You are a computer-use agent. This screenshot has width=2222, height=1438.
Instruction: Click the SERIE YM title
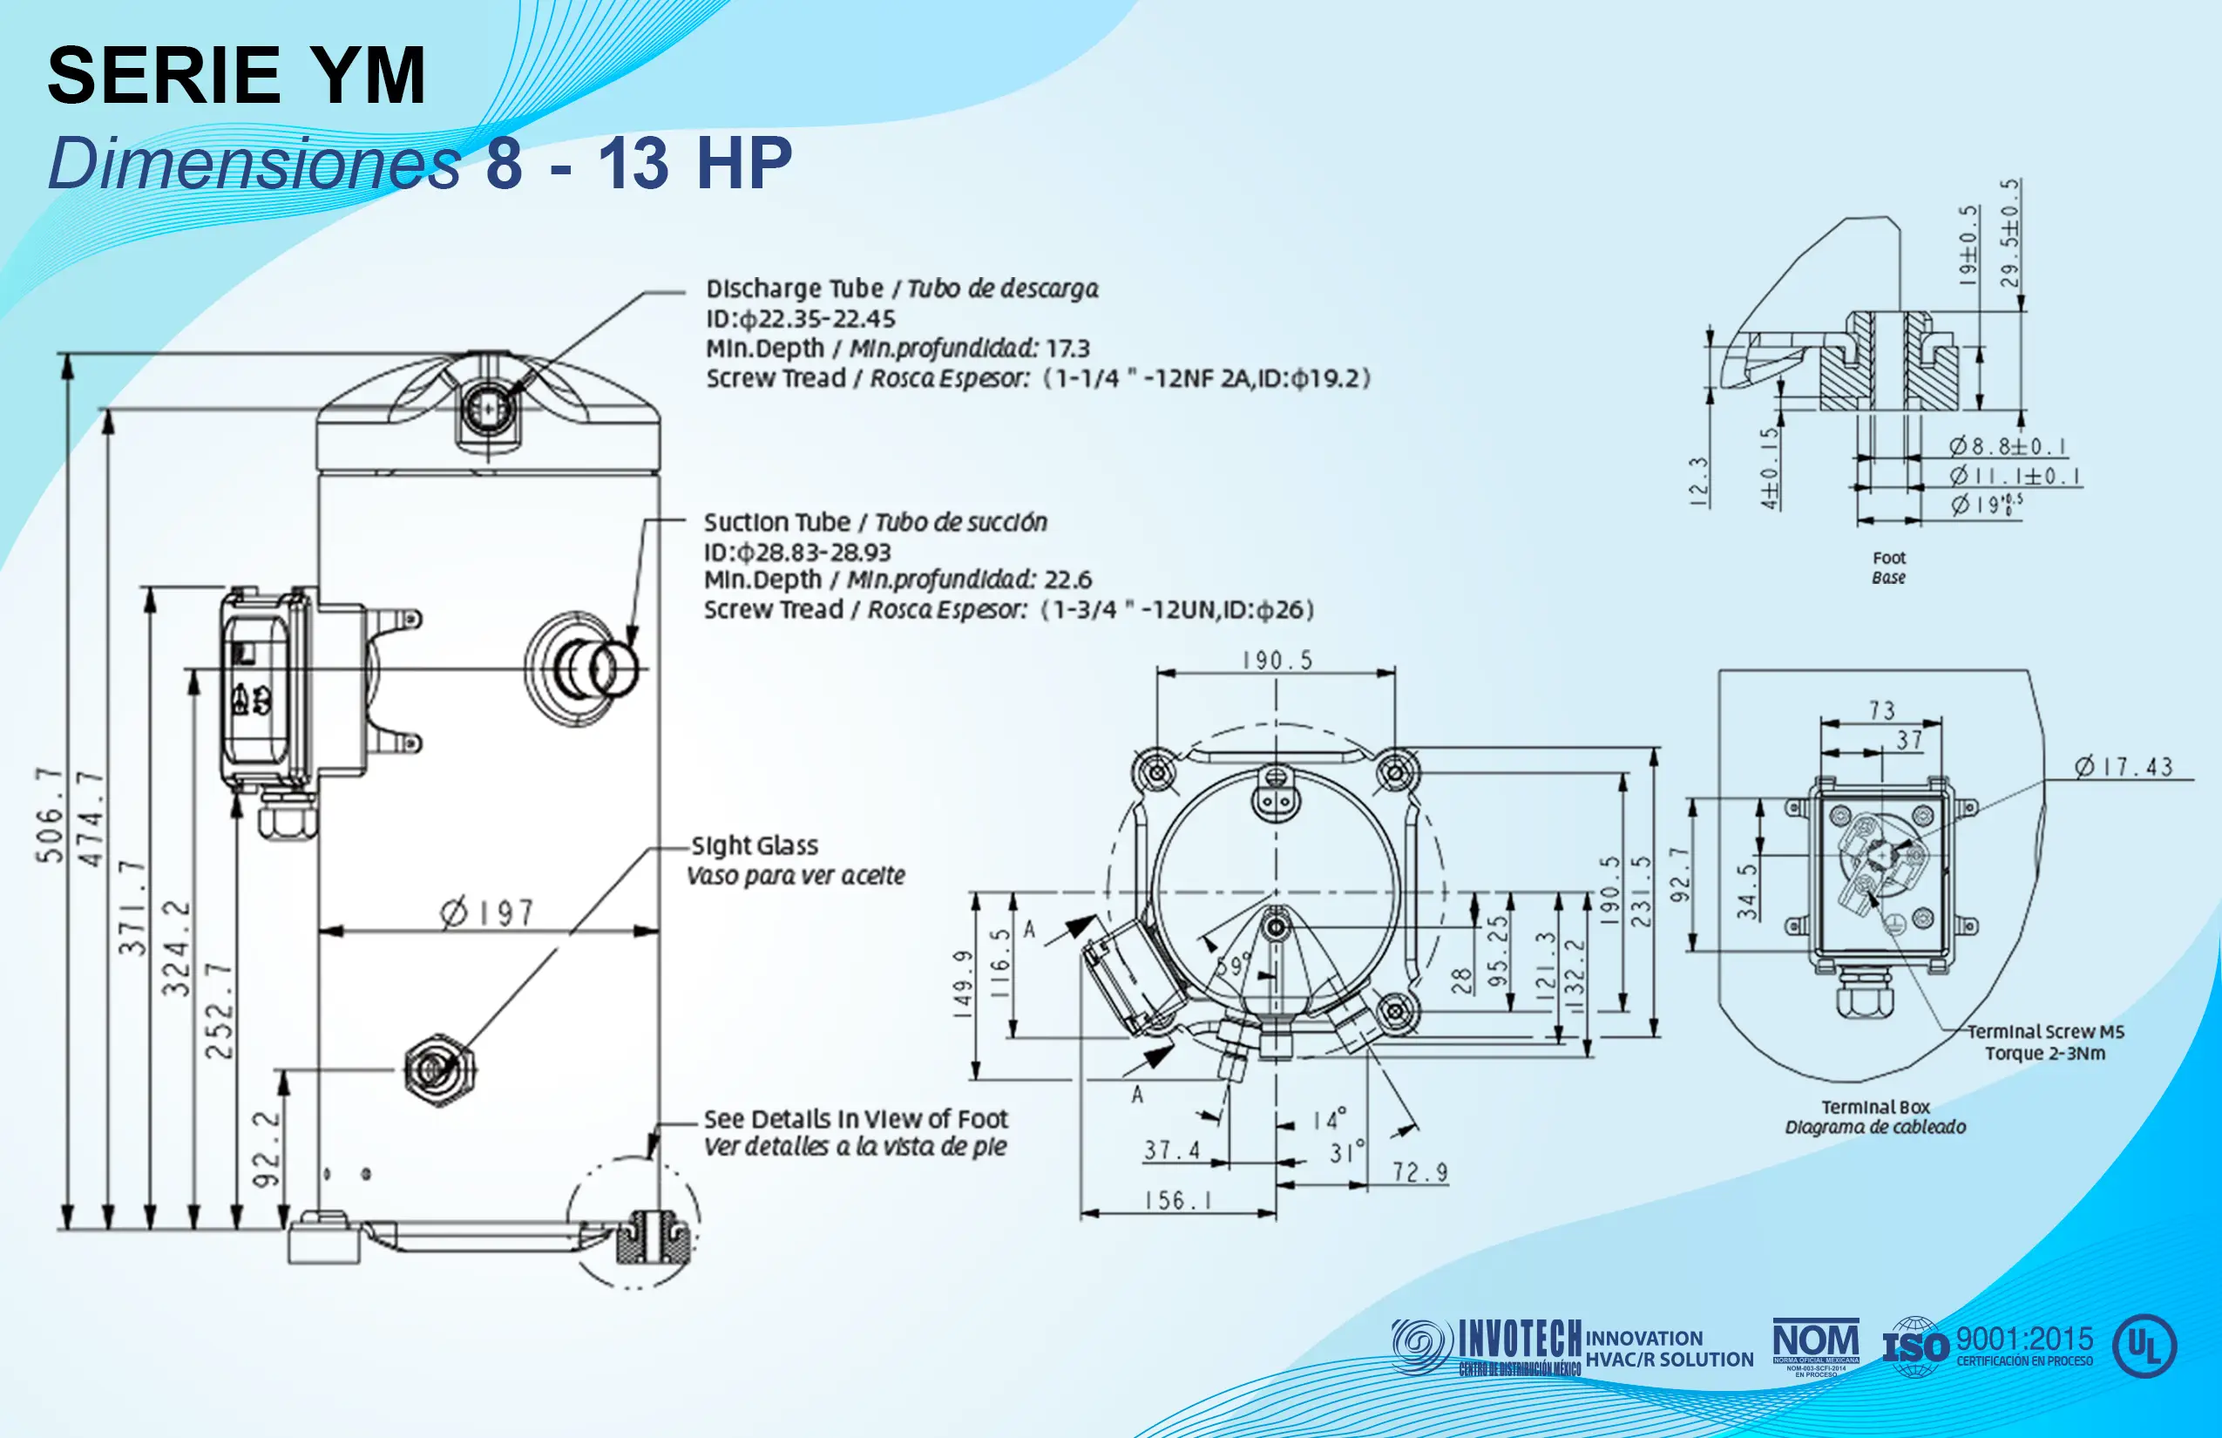coord(236,76)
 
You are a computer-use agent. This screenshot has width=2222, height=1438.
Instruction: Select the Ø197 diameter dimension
coord(486,912)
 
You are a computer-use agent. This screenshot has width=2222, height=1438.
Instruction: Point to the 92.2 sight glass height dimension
coord(268,1148)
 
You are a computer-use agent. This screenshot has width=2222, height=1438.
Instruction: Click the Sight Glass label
coord(755,846)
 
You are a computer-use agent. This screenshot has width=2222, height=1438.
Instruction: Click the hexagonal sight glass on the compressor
coord(439,1070)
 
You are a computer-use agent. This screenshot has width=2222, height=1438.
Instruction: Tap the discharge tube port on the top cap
coord(487,409)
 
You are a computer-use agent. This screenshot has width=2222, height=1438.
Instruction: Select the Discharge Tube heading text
coord(795,288)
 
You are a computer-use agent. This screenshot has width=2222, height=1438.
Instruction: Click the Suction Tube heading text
coord(776,522)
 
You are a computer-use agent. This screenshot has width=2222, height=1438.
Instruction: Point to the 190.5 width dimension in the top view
coord(1277,661)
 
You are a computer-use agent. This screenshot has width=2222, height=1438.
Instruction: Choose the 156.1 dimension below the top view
coord(1178,1200)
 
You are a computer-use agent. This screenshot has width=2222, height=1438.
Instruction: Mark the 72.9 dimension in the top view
coord(1419,1172)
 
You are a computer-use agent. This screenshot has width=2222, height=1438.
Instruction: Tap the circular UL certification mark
coord(2144,1346)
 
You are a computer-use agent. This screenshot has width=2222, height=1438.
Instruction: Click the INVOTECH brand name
coord(1520,1339)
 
